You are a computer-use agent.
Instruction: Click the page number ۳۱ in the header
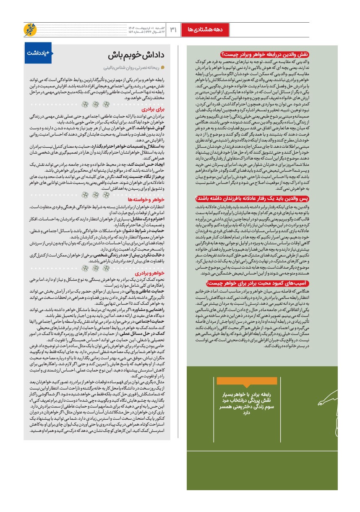coord(173,29)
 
